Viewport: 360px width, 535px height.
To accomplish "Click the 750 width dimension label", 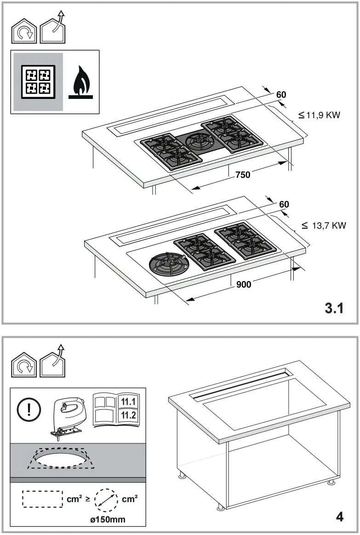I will coord(243,175).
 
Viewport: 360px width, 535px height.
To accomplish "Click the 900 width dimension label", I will coord(244,285).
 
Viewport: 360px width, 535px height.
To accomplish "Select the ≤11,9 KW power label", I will coord(319,115).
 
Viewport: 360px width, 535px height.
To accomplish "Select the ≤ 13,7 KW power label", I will coord(324,225).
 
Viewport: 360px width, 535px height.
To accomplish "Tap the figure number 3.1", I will coord(334,308).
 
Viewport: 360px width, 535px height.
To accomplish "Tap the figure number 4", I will coord(340,517).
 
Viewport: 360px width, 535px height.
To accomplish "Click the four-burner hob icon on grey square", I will coord(38,81).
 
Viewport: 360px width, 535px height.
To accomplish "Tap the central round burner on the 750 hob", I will coord(200,141).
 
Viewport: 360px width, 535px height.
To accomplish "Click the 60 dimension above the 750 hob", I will coord(281,95).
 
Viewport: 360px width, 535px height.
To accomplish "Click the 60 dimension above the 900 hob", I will coord(284,204).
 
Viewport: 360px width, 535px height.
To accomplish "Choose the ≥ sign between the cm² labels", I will coord(87,499).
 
